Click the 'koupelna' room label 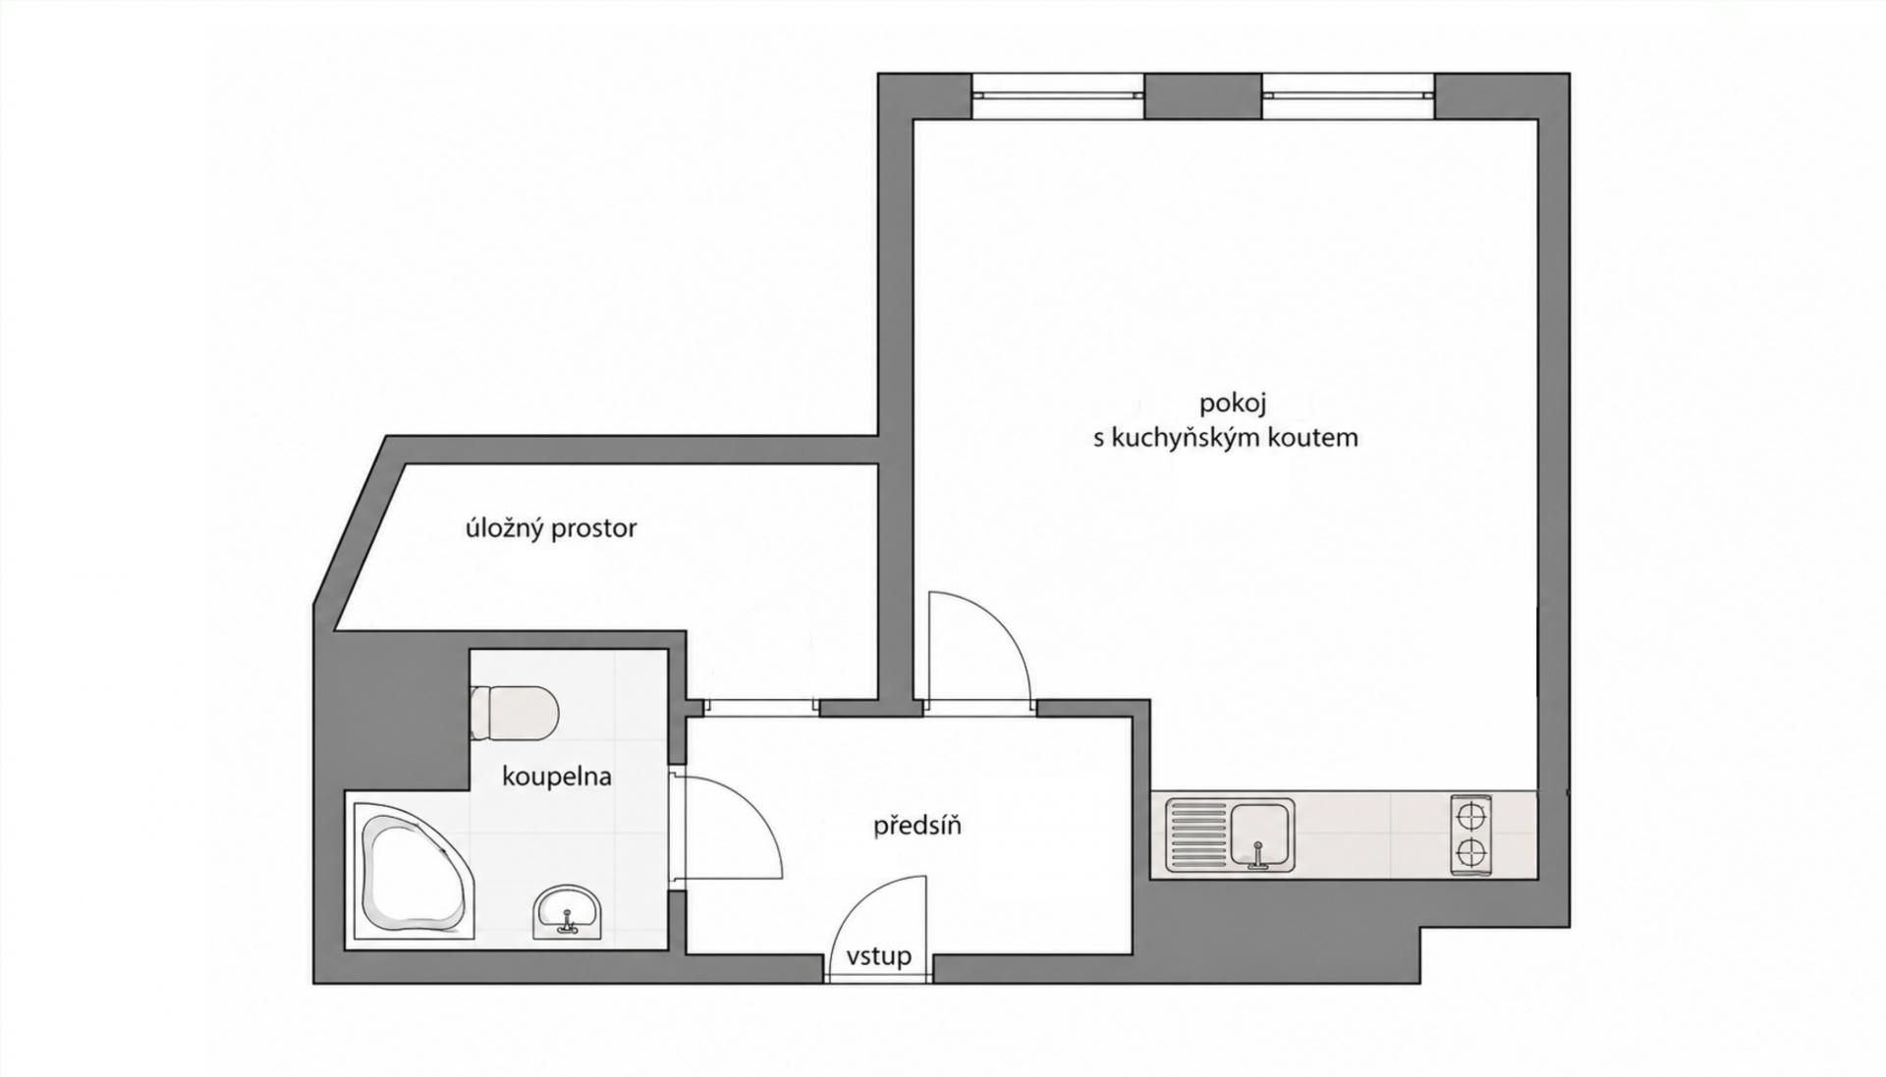pos(557,777)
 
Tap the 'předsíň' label pos(917,825)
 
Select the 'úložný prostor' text pos(551,528)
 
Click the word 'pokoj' pos(1233,404)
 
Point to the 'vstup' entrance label pos(879,955)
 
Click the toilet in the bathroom pos(514,711)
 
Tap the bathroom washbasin pos(567,911)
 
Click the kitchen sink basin pos(1261,835)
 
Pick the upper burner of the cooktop pos(1470,817)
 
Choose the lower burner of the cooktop pos(1470,853)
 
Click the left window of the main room pos(1058,95)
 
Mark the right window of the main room pos(1349,95)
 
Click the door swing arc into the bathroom pos(755,800)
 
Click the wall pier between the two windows pos(1203,96)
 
